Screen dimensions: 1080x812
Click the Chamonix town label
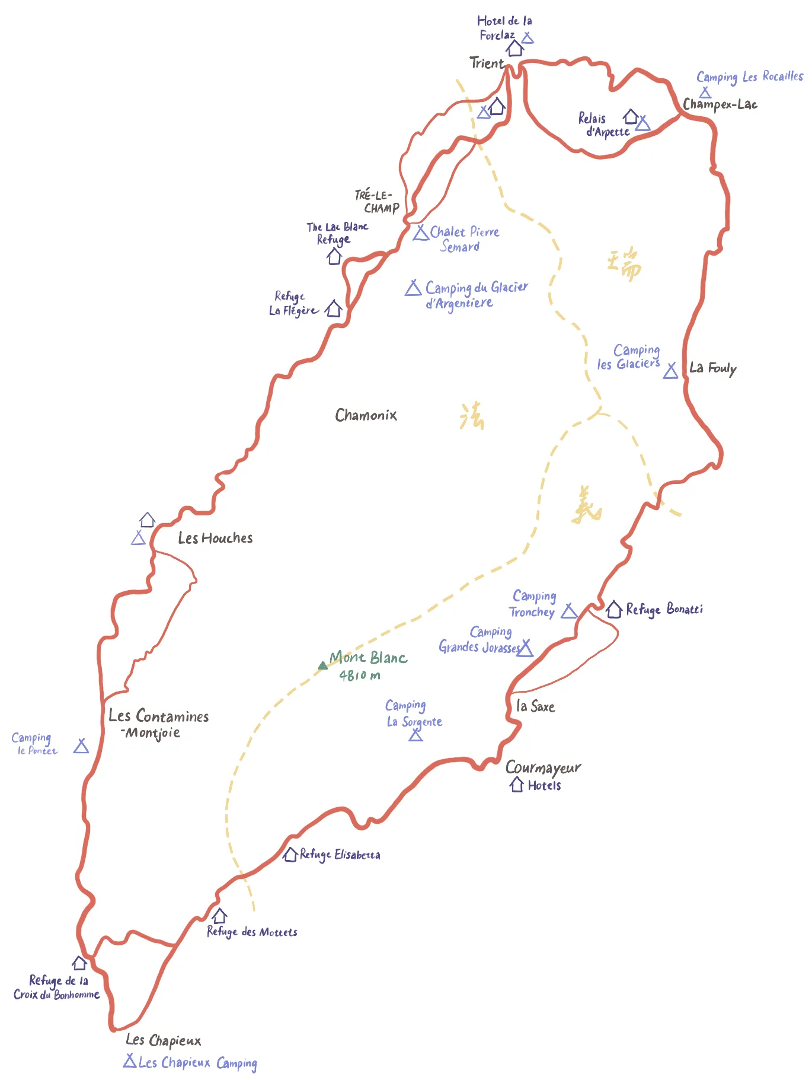366,415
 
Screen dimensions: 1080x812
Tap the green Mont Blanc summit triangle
322,665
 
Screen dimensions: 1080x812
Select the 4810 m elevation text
359,675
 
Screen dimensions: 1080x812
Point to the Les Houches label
215,538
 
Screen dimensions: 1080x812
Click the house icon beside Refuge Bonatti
613,609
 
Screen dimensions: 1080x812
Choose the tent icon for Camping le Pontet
81,746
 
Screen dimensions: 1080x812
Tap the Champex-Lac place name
720,104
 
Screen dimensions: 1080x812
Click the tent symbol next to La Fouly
670,371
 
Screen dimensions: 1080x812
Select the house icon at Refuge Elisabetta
290,855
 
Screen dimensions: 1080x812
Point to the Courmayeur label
543,767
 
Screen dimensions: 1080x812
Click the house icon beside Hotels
517,785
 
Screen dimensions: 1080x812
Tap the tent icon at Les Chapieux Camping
130,1060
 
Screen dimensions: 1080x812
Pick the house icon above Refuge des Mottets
219,916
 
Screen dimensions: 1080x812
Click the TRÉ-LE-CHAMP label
377,202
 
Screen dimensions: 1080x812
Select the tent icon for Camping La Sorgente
416,735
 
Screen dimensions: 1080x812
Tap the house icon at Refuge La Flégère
334,308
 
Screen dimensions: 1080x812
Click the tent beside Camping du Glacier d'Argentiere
413,288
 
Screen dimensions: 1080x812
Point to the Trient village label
486,63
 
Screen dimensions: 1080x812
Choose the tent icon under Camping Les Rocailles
705,93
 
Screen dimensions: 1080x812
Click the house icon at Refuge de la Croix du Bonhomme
79,963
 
